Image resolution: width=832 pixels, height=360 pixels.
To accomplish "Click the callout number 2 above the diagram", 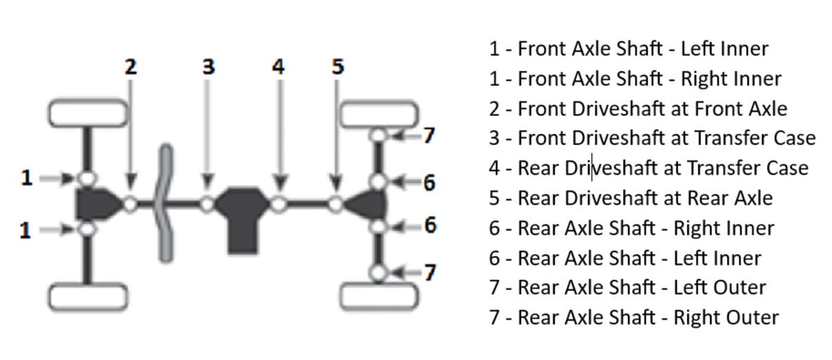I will coord(131,67).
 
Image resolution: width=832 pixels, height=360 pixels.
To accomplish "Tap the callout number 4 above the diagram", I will coord(279,67).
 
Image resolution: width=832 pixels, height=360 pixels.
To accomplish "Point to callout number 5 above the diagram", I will coord(337,67).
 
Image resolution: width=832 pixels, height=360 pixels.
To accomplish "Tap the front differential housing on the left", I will coord(94,204).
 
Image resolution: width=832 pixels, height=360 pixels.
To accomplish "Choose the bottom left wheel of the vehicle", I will coord(88,296).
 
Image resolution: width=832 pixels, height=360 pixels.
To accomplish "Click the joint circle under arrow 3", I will coord(207,204).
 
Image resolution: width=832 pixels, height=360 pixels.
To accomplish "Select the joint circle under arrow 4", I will coord(279,204).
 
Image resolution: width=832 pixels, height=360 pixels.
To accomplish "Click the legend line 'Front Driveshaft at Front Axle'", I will coord(638,109).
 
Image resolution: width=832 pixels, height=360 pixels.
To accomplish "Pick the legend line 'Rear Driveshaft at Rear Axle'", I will coord(630,198).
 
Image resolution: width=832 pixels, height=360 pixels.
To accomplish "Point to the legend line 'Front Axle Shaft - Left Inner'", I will coord(628,49).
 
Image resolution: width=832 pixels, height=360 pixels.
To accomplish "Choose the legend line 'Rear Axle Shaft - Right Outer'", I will coord(634,318).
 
